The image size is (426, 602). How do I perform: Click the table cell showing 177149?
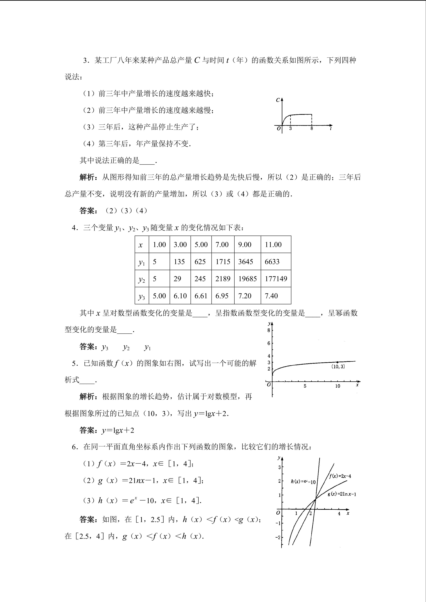pos(276,279)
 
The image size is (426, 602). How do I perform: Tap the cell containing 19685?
pos(247,279)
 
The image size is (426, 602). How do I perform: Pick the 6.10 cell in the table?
pos(180,296)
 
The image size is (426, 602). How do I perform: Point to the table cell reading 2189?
pos(223,279)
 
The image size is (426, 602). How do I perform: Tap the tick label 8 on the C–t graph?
pos(312,129)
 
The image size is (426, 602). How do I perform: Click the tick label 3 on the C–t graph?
pos(290,129)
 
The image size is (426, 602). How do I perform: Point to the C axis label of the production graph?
pos(278,100)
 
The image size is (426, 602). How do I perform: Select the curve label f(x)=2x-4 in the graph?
pos(340,476)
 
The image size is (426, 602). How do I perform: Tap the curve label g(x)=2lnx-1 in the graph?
pos(342,494)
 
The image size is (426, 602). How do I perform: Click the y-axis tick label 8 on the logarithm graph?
pos(269,330)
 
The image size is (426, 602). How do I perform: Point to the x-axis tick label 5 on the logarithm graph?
pos(305,386)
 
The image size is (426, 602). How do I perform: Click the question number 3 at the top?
pos(85,61)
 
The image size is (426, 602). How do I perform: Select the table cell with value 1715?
pos(223,262)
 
